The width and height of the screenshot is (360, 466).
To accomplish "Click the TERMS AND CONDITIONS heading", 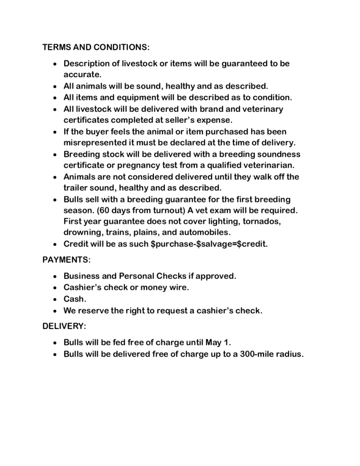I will (96, 47).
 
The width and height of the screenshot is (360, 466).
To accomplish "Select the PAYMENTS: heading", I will (66, 260).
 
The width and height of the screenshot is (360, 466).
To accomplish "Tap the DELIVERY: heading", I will (64, 326).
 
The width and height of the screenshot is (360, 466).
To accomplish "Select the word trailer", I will (78, 187).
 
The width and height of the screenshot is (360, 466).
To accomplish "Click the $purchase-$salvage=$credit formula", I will (209, 244).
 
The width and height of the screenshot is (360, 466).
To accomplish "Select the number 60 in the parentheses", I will (104, 210).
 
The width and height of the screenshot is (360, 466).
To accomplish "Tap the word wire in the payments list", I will (179, 288).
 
